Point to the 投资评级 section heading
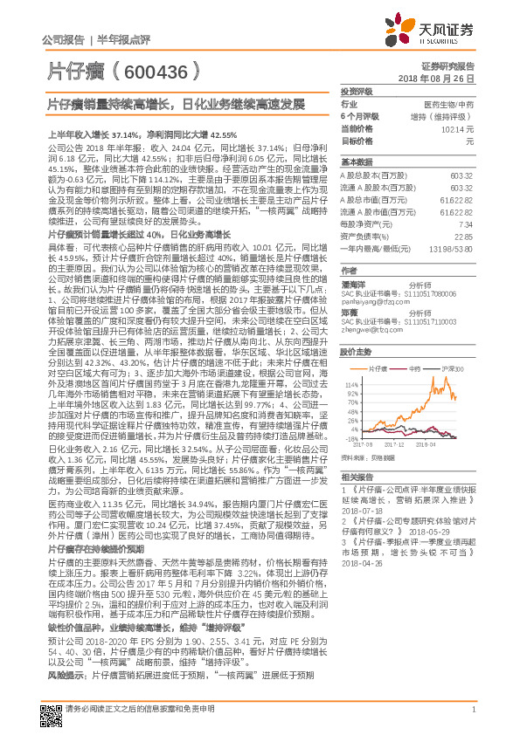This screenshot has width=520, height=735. (357, 90)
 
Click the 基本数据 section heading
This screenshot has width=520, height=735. (357, 162)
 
